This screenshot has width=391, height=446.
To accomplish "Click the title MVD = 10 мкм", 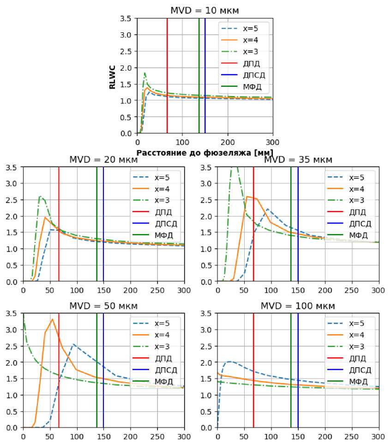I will [205, 10].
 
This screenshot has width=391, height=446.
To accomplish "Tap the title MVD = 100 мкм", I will [298, 306].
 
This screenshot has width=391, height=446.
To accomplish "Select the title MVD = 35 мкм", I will [298, 160].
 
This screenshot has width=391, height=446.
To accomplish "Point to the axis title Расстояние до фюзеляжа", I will [205, 152].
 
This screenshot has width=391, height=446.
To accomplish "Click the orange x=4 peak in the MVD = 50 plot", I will [53, 319].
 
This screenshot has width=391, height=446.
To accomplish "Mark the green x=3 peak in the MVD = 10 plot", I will [145, 73].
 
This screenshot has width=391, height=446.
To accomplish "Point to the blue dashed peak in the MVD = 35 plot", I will [267, 209].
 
